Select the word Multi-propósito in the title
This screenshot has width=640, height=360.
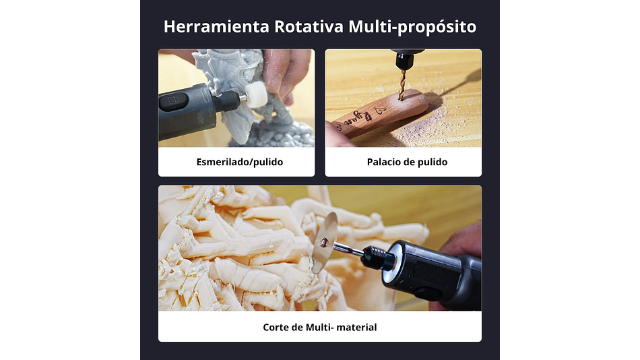point(412,27)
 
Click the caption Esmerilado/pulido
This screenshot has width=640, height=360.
point(236,162)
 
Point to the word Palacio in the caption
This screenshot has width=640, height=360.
point(385,162)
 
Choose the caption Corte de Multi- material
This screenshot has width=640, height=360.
point(319,327)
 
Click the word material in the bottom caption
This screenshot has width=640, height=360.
point(357,327)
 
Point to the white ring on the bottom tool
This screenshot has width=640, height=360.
point(390,260)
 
